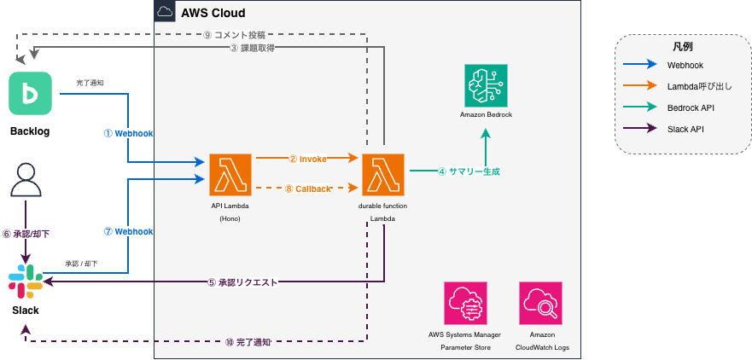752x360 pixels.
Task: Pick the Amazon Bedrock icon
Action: [485, 84]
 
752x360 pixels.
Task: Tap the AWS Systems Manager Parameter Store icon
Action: [465, 303]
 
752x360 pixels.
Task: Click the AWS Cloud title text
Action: [213, 13]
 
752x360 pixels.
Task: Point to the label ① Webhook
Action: [128, 134]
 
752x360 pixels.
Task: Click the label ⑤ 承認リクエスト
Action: [242, 282]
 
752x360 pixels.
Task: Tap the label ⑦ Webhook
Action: [128, 232]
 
